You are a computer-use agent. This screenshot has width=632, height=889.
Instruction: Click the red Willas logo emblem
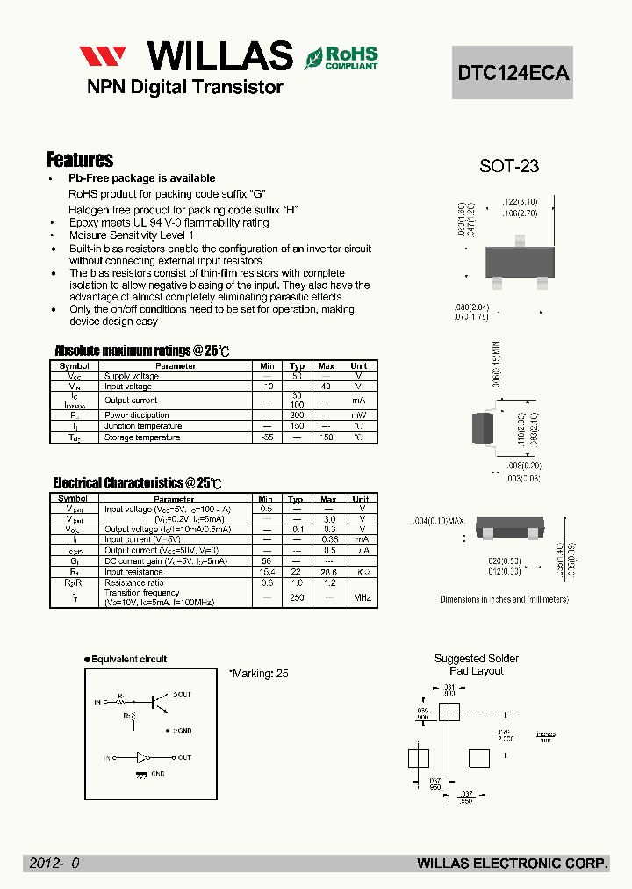coord(103,57)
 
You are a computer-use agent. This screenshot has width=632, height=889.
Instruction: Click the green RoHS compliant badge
coord(341,57)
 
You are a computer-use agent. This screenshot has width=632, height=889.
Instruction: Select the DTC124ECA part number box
coord(513,73)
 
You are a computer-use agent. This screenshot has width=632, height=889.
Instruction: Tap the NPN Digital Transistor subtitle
coord(184,87)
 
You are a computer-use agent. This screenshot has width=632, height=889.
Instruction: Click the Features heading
coord(80,160)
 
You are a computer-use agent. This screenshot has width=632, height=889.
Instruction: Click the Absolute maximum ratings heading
coord(142,351)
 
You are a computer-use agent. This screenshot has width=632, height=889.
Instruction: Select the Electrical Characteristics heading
coord(137,483)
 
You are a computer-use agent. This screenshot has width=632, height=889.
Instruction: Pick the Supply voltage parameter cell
coord(132,376)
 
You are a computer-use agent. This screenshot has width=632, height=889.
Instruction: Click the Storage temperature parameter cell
coord(142,437)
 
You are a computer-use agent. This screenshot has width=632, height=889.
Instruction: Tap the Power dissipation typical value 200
coord(297,415)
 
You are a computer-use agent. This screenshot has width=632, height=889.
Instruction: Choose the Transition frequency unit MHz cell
coord(362,597)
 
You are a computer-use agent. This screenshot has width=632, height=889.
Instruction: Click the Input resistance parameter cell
coord(135,572)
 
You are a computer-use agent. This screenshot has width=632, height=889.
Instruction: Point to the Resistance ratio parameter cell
coord(133,582)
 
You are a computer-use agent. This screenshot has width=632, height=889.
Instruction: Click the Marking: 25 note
coord(259,674)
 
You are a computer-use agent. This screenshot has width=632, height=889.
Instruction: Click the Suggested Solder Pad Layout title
coord(477,664)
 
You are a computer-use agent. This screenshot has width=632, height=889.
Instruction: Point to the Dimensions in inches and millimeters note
coord(504,599)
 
